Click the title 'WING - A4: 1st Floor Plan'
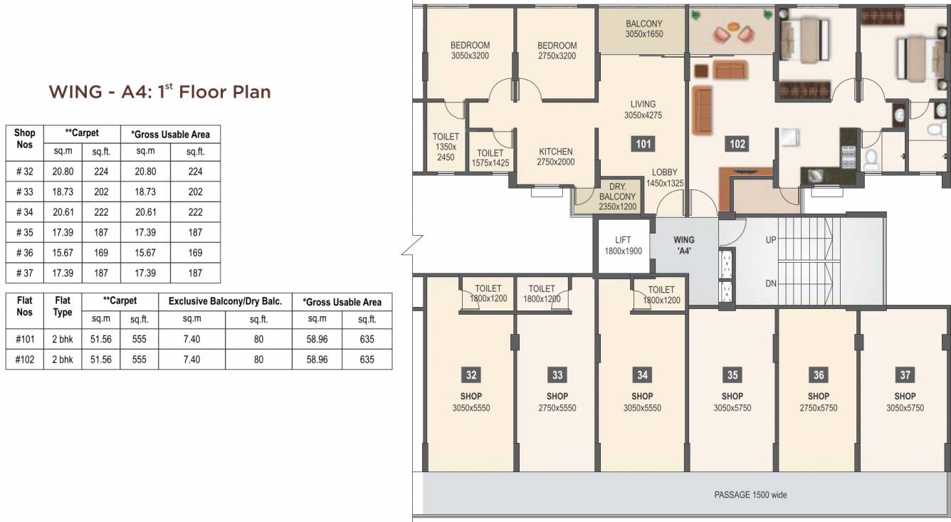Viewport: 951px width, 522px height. click(159, 92)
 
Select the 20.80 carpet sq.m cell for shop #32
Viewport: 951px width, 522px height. click(63, 172)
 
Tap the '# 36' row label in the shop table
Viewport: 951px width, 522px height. click(24, 253)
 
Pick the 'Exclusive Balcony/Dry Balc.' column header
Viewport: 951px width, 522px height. click(225, 301)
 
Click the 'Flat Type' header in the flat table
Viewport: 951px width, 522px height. click(63, 307)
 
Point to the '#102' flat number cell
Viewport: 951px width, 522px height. click(24, 360)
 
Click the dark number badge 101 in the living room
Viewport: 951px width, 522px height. click(643, 145)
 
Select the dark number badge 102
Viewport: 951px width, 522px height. click(737, 145)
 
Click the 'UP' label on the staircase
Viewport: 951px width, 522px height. click(770, 241)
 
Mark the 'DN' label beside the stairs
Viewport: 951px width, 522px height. click(770, 283)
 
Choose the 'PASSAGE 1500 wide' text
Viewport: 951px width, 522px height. click(750, 495)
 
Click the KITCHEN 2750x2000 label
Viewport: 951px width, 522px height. click(555, 157)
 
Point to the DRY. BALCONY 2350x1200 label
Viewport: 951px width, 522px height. click(617, 197)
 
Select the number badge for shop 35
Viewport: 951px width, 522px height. click(732, 375)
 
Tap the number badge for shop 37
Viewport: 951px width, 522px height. click(905, 375)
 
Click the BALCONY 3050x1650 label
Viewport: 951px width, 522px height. click(643, 28)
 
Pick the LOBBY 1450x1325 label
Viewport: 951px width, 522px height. click(665, 178)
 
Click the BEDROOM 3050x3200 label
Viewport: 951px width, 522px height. click(470, 50)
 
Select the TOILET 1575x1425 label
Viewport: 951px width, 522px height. click(490, 158)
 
